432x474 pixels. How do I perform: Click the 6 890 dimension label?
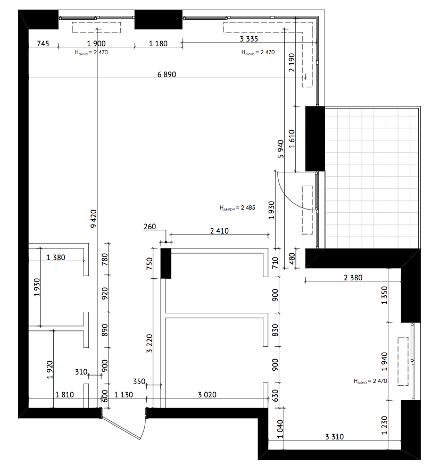point(167,74)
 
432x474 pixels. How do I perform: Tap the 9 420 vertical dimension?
point(94,219)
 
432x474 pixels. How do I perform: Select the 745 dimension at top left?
point(43,44)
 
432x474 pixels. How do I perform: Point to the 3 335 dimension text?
point(249,39)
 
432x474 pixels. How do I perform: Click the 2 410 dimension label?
point(219,231)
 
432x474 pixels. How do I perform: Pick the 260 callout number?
point(149,227)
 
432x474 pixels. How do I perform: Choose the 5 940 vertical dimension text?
point(280,149)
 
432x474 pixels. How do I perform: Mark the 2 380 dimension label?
point(353,278)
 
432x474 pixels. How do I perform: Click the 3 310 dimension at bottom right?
point(334,437)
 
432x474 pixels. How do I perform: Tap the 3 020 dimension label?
point(207,395)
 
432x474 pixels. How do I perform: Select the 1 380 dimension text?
point(56,257)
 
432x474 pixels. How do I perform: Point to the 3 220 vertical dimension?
point(149,344)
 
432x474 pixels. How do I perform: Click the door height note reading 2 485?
point(237,207)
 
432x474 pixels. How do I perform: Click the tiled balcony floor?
point(371,178)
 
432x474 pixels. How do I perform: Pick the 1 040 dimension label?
point(280,429)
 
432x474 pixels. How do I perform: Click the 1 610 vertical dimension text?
point(292,139)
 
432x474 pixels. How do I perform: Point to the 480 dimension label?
point(292,259)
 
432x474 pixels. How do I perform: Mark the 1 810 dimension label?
point(64,395)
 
